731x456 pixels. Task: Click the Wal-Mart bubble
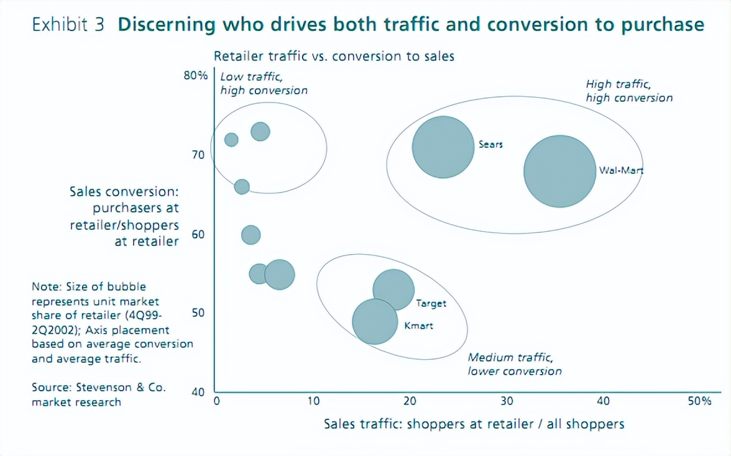pos(560,171)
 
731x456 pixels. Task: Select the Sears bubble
pos(442,147)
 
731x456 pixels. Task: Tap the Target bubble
pos(393,290)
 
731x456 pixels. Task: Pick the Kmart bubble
pos(375,321)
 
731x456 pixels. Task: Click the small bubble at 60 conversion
pos(251,235)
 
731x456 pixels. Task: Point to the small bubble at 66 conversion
pos(242,186)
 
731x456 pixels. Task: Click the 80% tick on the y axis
pos(195,76)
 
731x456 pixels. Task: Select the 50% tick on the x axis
pos(699,401)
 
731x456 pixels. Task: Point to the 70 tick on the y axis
pos(198,154)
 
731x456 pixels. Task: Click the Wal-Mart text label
pos(621,170)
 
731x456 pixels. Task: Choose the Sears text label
pos(490,145)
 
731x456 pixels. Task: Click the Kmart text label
pos(419,326)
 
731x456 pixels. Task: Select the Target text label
pos(431,304)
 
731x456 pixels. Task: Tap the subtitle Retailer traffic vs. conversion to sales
pos(334,57)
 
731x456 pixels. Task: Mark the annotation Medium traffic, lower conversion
pos(515,365)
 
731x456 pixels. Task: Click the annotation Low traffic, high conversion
pos(264,83)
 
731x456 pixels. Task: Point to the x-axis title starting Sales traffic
pos(474,424)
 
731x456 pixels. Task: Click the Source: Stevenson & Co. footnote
pos(99,394)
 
